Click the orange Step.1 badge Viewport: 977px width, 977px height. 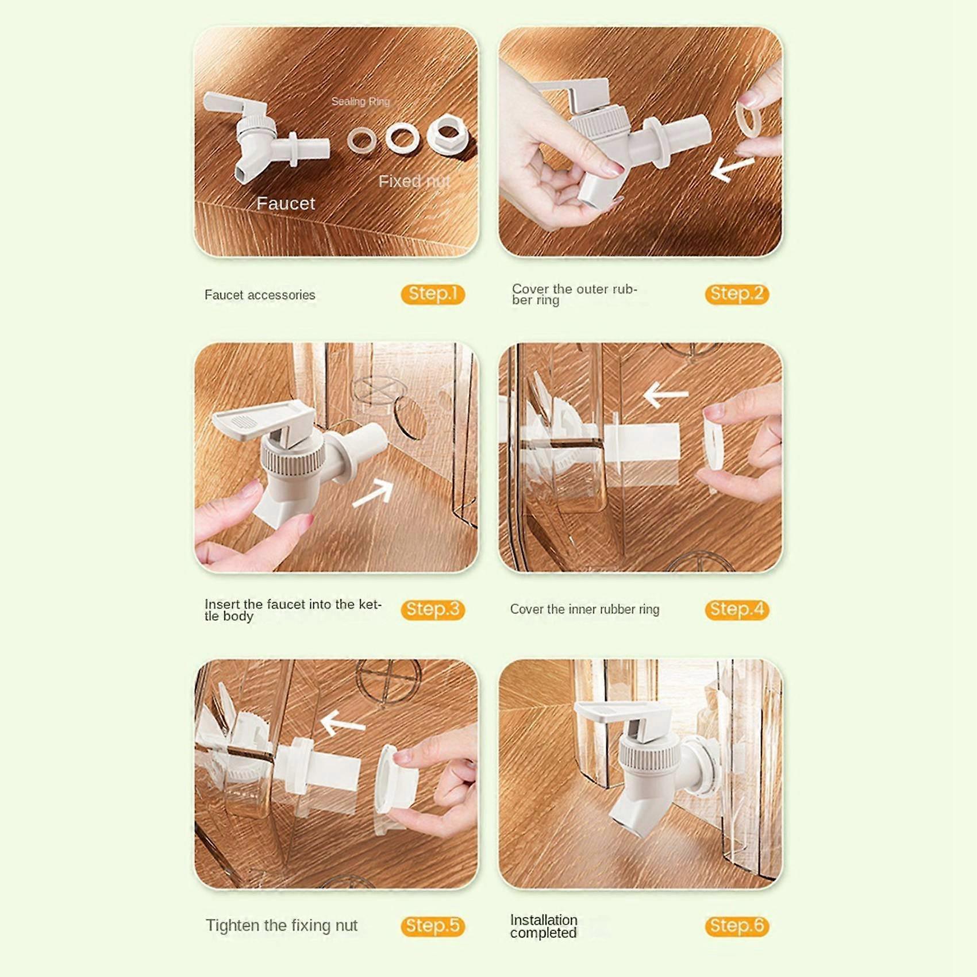pyautogui.click(x=433, y=294)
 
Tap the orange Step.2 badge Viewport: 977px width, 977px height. pyautogui.click(x=737, y=294)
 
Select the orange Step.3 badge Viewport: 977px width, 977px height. pyautogui.click(x=433, y=610)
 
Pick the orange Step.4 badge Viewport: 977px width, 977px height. pyautogui.click(x=737, y=610)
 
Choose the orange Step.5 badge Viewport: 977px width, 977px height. pyautogui.click(x=433, y=926)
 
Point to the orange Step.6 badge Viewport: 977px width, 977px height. pyautogui.click(x=737, y=926)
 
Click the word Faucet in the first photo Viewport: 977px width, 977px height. pyautogui.click(x=286, y=203)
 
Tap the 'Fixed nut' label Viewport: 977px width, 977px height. pyautogui.click(x=414, y=182)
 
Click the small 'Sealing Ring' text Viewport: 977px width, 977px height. pyautogui.click(x=360, y=102)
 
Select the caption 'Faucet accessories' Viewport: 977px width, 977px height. pyautogui.click(x=260, y=295)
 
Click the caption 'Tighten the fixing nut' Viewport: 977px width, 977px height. pyautogui.click(x=282, y=926)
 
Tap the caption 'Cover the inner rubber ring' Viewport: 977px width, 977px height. pyautogui.click(x=584, y=609)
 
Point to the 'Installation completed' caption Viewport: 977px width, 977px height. pyautogui.click(x=544, y=926)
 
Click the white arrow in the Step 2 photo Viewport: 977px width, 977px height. pyautogui.click(x=732, y=168)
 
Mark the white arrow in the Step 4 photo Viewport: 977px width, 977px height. pyautogui.click(x=666, y=394)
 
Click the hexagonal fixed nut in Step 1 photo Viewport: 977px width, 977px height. pyautogui.click(x=448, y=134)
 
